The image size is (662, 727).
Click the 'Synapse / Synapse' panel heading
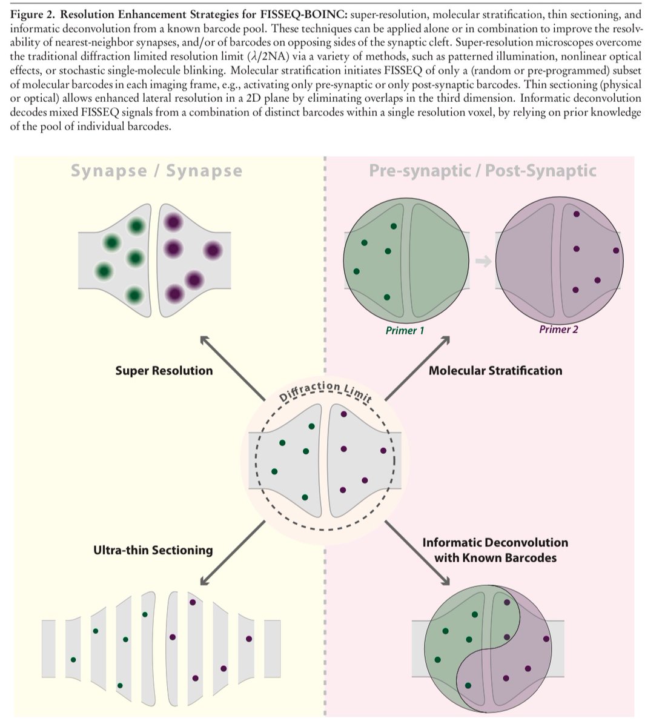(x=156, y=171)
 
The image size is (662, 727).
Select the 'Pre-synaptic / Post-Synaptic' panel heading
(x=482, y=171)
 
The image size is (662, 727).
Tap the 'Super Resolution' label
(x=164, y=370)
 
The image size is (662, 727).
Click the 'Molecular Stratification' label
(x=495, y=370)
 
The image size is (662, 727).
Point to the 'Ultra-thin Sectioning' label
(x=153, y=550)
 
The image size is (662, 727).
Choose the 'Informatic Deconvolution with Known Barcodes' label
(x=495, y=549)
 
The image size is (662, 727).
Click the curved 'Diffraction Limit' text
(x=325, y=391)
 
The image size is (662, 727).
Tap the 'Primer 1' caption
(x=401, y=331)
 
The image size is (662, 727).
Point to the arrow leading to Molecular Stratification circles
(x=418, y=366)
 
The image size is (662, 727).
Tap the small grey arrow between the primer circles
(x=483, y=261)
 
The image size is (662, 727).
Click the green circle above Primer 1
(x=406, y=261)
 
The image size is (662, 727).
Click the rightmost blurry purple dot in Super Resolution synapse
(x=213, y=250)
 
